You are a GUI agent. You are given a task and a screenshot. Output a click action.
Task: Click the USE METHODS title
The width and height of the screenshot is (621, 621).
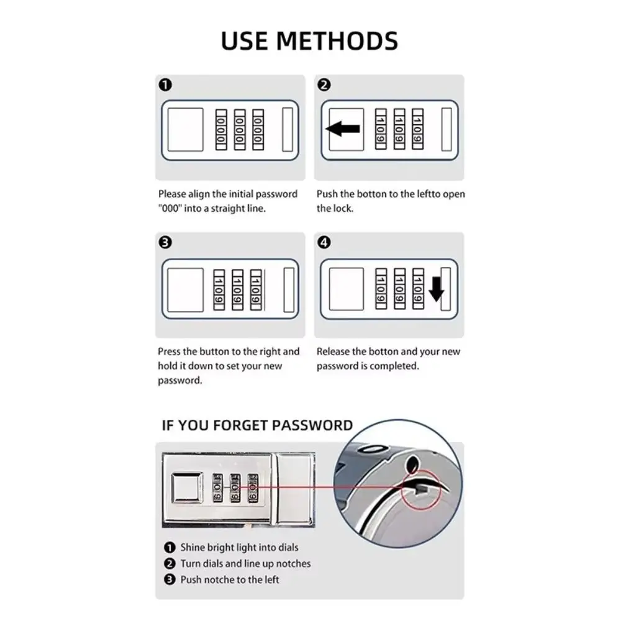(x=309, y=41)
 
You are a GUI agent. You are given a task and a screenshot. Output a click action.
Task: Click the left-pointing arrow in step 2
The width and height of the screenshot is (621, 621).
(x=343, y=129)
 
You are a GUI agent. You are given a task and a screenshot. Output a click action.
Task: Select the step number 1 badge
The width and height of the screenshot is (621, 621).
(x=166, y=86)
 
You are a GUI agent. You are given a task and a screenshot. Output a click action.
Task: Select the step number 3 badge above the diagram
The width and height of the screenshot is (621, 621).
(x=166, y=243)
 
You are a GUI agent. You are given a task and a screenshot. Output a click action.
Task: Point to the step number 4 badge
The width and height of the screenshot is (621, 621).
(x=325, y=243)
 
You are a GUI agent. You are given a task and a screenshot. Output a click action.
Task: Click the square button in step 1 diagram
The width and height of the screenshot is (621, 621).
(x=186, y=129)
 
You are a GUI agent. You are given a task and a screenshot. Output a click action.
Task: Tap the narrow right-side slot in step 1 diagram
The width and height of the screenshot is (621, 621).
(x=288, y=129)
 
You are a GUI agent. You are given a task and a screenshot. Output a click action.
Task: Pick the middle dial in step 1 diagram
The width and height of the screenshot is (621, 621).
(x=239, y=130)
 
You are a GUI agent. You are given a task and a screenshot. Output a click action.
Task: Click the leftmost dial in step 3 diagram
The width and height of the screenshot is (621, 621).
(x=220, y=289)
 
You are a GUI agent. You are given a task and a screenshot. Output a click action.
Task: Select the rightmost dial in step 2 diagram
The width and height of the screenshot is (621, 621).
(x=418, y=129)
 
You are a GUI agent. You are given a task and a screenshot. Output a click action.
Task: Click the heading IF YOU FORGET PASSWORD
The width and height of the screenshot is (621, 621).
(x=257, y=425)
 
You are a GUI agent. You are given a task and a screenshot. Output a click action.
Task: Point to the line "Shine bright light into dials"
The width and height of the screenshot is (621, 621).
(x=239, y=547)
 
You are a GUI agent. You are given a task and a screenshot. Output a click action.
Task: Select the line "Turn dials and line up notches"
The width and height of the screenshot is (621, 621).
(x=245, y=563)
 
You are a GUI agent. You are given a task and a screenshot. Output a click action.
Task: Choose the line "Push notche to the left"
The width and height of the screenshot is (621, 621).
(x=230, y=579)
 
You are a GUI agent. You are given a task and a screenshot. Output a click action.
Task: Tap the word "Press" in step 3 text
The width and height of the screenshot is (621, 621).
(x=170, y=351)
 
